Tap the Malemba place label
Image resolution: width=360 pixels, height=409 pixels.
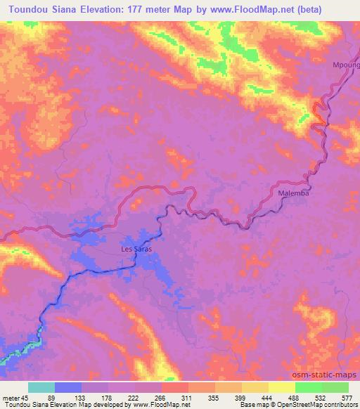(290, 191)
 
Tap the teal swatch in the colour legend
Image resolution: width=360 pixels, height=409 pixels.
(41, 387)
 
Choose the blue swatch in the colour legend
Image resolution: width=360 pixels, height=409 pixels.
(68, 387)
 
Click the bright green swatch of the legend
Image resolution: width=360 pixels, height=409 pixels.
(308, 387)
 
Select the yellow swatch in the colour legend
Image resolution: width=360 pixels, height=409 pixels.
(281, 387)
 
